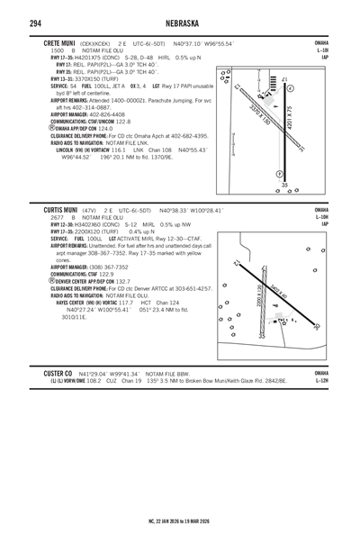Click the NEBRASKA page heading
point(180,23)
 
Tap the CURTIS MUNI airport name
point(61,208)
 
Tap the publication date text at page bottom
point(180,520)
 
